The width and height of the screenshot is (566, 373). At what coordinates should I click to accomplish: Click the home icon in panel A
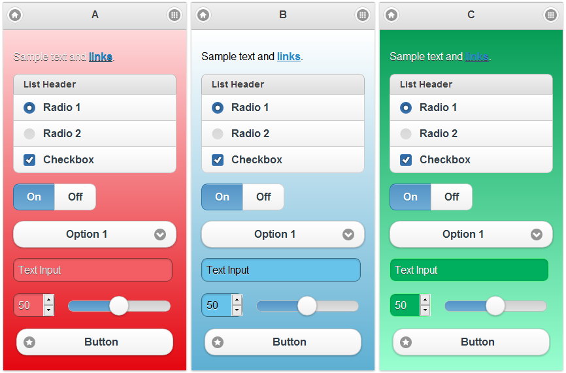pos(15,15)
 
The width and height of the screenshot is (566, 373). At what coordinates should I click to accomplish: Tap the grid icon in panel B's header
pos(362,15)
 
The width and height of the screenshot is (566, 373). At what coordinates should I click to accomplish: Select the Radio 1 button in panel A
pos(29,108)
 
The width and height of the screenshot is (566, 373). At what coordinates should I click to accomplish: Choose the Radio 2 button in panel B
pos(218,134)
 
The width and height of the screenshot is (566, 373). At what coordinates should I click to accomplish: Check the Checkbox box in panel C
pos(406,160)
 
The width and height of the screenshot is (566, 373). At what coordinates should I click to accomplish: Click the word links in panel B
pos(288,57)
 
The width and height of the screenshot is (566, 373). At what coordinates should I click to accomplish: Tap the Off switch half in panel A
pos(75,197)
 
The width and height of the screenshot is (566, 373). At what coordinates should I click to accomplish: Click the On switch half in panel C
pos(410,197)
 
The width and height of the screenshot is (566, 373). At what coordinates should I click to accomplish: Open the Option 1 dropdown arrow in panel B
pos(348,235)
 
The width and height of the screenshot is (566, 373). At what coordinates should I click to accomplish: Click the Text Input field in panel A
pos(92,270)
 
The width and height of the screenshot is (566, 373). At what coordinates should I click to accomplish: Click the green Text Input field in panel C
pos(469,270)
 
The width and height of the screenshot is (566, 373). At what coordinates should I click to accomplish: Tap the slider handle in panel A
pos(118,306)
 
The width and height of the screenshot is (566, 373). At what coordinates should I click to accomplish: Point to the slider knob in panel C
pos(495,306)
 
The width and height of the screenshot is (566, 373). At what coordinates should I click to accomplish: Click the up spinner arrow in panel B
pos(237,300)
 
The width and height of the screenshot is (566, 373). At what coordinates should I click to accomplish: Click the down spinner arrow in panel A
pos(48,311)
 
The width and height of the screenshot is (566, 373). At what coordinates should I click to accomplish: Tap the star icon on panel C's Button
pos(406,342)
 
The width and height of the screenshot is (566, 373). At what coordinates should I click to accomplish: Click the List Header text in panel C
pos(426,84)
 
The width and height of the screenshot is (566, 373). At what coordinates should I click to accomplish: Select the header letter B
pos(283,15)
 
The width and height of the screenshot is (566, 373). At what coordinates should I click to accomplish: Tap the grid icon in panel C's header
pos(550,15)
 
